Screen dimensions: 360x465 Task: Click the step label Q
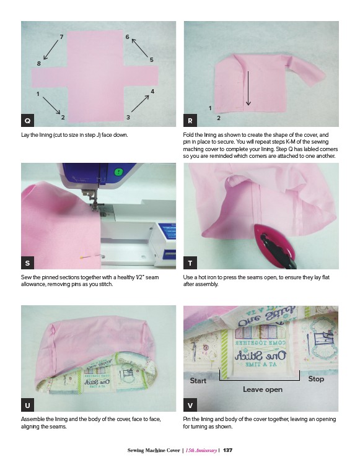click(x=27, y=120)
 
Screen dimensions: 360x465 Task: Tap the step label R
click(x=190, y=120)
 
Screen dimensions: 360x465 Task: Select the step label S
click(x=27, y=263)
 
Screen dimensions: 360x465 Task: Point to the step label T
click(x=190, y=263)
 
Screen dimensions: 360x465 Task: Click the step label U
click(x=27, y=405)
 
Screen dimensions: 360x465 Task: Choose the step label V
click(x=190, y=405)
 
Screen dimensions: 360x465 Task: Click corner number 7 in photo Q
click(x=61, y=37)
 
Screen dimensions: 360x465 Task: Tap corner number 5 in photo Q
click(x=152, y=60)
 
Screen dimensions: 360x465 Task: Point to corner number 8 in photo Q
click(x=39, y=63)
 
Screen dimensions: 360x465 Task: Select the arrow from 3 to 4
click(x=140, y=103)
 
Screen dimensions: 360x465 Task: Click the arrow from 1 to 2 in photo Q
click(x=51, y=105)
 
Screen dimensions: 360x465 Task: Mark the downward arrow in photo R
click(x=248, y=88)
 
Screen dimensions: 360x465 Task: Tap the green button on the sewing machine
click(x=118, y=172)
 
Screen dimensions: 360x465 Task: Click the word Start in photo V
click(x=198, y=380)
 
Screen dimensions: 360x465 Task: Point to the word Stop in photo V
click(x=316, y=379)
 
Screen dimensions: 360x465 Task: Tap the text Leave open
click(x=263, y=389)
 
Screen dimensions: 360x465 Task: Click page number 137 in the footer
click(x=227, y=450)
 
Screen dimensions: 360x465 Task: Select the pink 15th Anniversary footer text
click(x=201, y=450)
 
